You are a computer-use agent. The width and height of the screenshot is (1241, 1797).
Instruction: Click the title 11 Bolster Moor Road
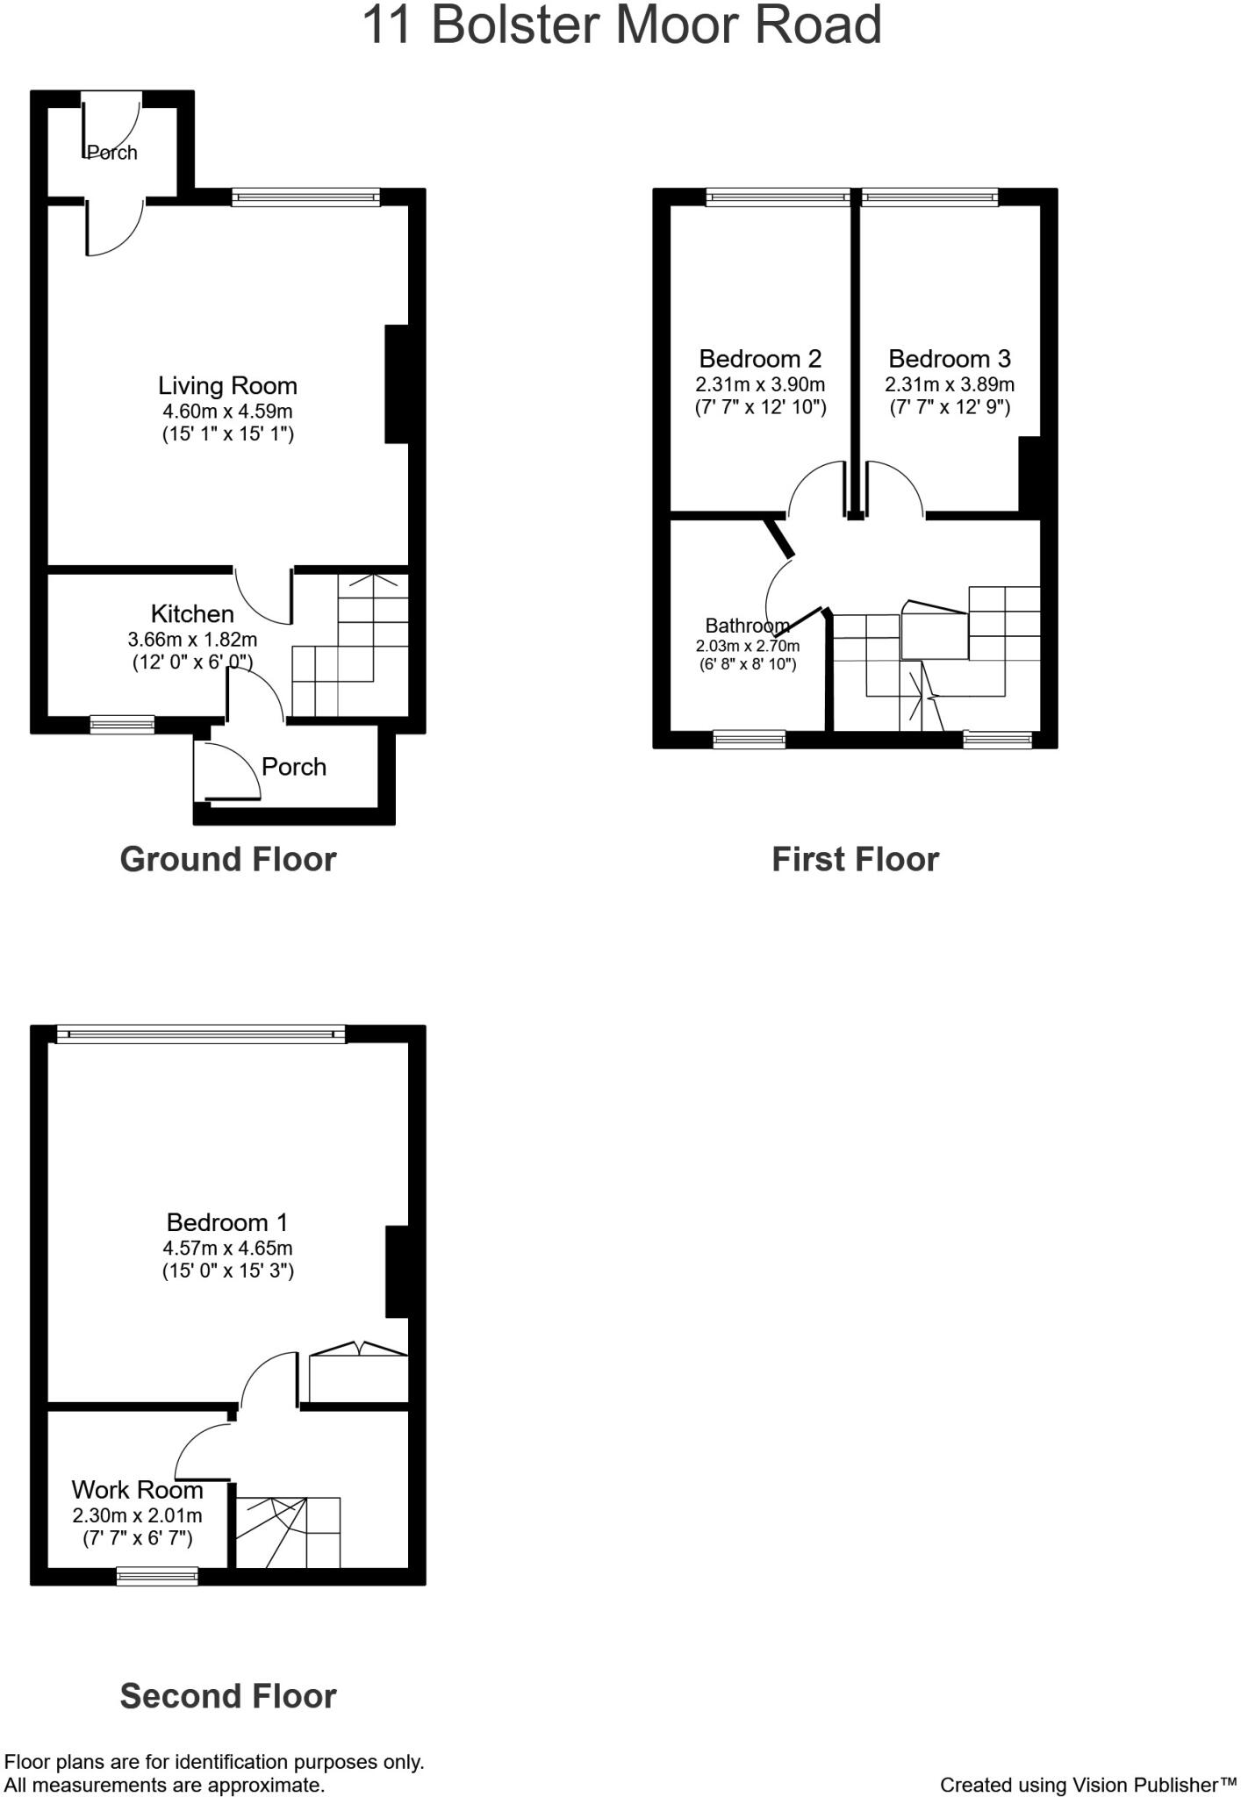[x=621, y=25]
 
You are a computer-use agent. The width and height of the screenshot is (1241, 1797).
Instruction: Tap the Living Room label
[x=227, y=385]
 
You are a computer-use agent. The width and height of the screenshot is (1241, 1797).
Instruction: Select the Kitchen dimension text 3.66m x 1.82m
[x=192, y=640]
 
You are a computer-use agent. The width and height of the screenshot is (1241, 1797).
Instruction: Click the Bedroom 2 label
[x=760, y=358]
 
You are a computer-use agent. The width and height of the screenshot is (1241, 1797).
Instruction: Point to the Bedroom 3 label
[x=950, y=358]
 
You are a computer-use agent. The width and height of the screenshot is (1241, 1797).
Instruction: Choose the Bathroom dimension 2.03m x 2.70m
[x=748, y=647]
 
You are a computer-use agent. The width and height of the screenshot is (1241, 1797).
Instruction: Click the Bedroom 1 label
[x=227, y=1222]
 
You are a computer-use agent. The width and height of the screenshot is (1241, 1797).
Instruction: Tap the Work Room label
[x=137, y=1490]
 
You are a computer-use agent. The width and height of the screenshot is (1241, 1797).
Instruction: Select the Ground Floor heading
[x=228, y=859]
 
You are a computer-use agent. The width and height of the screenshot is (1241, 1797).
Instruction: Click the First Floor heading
[x=855, y=859]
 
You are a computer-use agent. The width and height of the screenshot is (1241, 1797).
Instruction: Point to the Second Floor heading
[x=228, y=1696]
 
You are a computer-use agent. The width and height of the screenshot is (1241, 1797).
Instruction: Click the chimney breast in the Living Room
[x=397, y=384]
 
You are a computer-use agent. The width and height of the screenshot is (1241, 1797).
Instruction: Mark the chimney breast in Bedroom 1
[x=397, y=1271]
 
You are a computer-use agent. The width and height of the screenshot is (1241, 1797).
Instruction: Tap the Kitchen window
[x=122, y=725]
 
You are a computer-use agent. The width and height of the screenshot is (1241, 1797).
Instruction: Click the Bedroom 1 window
[x=201, y=1035]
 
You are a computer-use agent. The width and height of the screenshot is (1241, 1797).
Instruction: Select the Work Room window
[x=158, y=1577]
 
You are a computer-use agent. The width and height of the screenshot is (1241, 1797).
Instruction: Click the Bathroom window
[x=749, y=740]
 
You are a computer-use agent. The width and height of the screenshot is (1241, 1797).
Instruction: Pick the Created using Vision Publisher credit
[x=1087, y=1785]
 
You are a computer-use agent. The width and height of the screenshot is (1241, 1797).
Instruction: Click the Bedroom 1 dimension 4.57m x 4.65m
[x=227, y=1248]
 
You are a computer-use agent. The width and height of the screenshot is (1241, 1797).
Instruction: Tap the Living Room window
[x=306, y=197]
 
